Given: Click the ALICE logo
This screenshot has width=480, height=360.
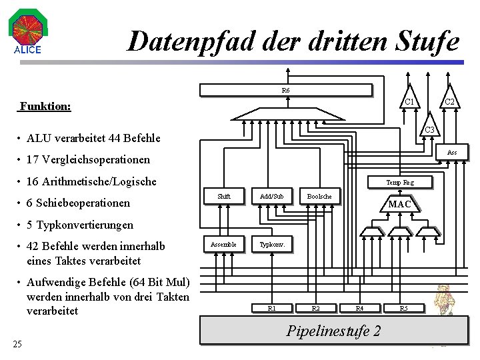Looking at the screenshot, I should click(x=27, y=33).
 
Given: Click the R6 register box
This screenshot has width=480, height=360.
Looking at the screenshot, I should click(x=285, y=90).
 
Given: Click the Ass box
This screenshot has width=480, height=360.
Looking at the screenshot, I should click(x=451, y=153).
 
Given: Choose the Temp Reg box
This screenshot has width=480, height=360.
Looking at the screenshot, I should click(x=399, y=182).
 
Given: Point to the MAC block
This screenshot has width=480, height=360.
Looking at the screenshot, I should click(x=399, y=204).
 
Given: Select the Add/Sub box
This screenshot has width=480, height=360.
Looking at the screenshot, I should click(x=271, y=197).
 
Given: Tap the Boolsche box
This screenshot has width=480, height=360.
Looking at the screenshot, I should click(x=319, y=197).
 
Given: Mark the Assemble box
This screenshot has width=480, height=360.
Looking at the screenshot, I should click(x=223, y=245).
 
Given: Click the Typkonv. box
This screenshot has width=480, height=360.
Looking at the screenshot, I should click(x=271, y=245).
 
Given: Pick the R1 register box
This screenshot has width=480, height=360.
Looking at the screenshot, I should click(x=271, y=308).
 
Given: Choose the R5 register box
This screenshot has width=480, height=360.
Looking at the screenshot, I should click(x=403, y=308).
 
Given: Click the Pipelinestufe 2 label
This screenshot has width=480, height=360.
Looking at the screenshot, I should click(x=334, y=331).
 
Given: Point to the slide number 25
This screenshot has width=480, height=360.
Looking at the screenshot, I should click(x=17, y=344).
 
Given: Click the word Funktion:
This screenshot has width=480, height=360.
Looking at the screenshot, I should click(x=45, y=106).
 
